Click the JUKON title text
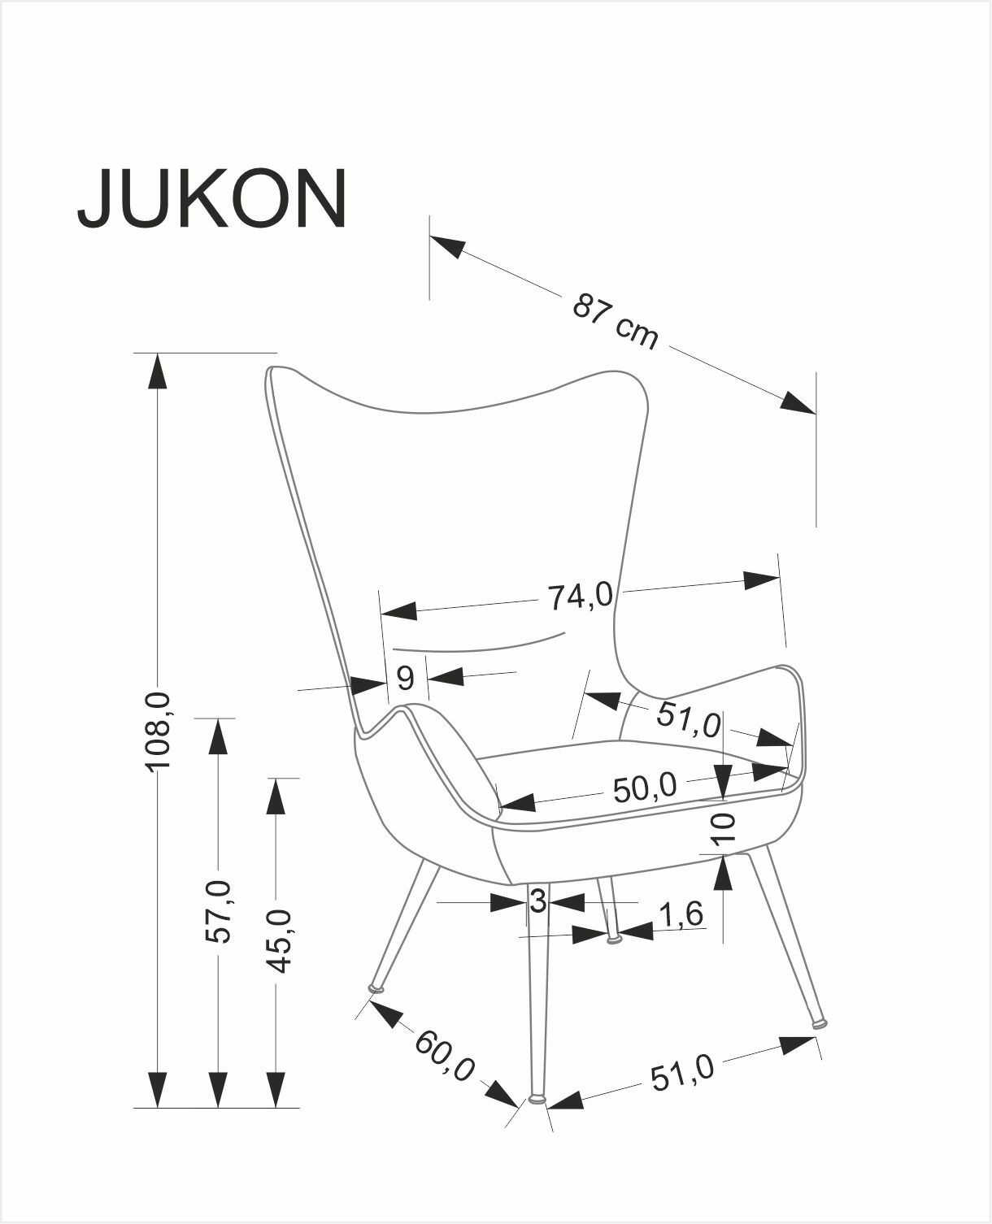coord(212,199)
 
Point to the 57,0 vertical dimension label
coord(218,910)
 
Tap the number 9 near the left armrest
coord(405,677)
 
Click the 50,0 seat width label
coord(644,787)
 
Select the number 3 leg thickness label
coord(537,902)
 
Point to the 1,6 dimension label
coord(680,915)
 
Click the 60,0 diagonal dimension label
coord(445,1054)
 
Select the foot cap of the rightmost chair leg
coord(820,1022)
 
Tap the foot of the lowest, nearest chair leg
coord(536,1099)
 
